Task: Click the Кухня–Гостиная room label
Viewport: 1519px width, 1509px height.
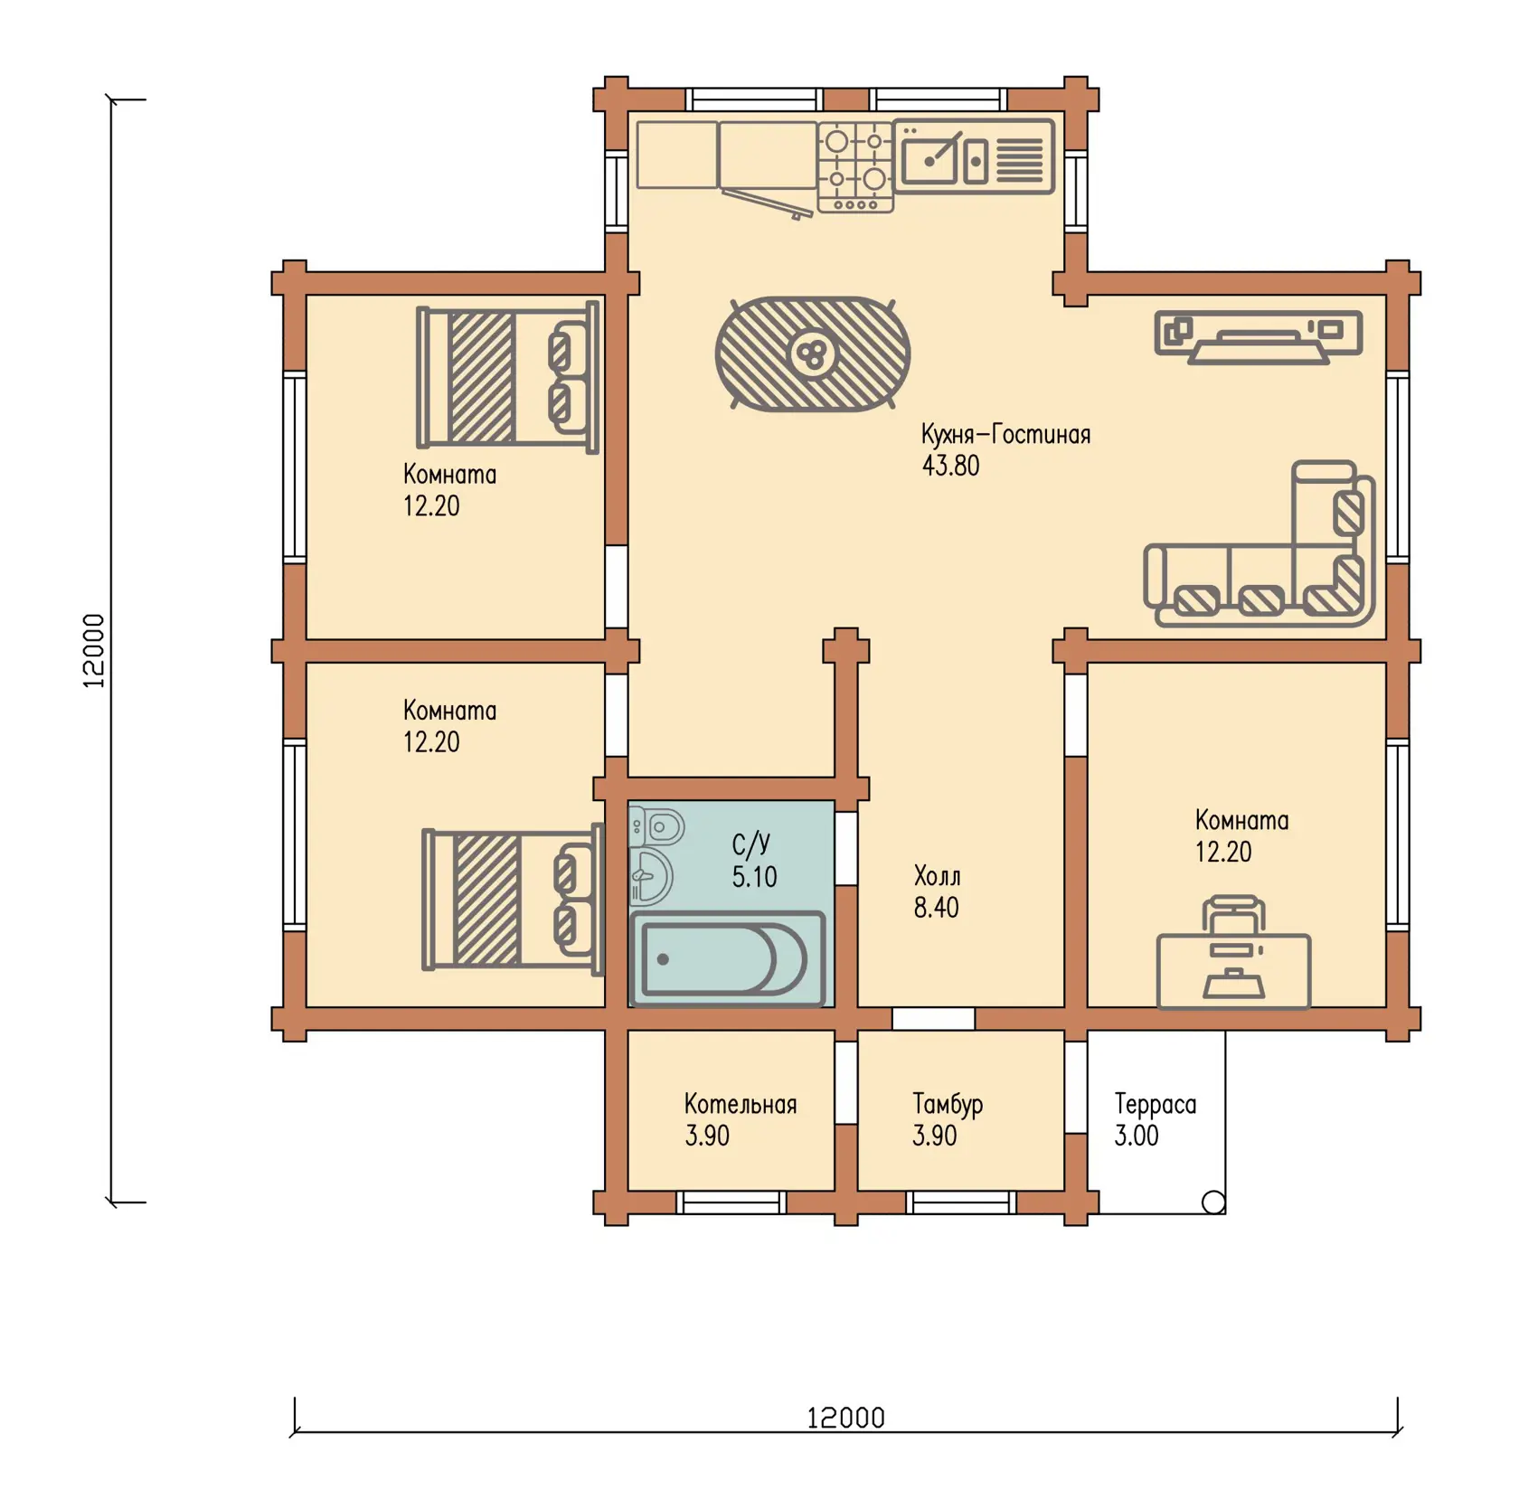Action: click(1005, 435)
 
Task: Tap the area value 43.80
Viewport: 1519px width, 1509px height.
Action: click(950, 466)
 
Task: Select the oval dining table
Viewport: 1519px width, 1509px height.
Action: click(812, 354)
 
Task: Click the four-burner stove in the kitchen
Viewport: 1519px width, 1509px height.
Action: click(855, 167)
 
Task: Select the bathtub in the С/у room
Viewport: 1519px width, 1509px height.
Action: click(728, 958)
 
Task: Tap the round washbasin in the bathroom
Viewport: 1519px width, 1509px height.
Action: click(650, 876)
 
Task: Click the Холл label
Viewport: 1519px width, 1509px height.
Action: click(937, 876)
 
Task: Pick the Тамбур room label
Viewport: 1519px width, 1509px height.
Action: click(947, 1105)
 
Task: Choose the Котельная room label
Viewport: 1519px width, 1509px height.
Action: click(740, 1104)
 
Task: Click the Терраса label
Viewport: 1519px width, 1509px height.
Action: click(1155, 1105)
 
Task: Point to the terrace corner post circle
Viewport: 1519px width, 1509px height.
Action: click(1213, 1202)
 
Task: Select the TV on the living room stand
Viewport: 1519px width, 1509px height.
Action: click(1258, 347)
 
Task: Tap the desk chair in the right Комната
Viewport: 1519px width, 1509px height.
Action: click(1232, 915)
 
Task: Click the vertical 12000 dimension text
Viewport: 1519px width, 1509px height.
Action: click(94, 651)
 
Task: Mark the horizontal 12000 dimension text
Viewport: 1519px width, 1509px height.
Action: click(845, 1418)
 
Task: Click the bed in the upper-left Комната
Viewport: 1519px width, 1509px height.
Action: click(507, 376)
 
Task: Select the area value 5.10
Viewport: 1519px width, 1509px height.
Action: click(754, 877)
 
